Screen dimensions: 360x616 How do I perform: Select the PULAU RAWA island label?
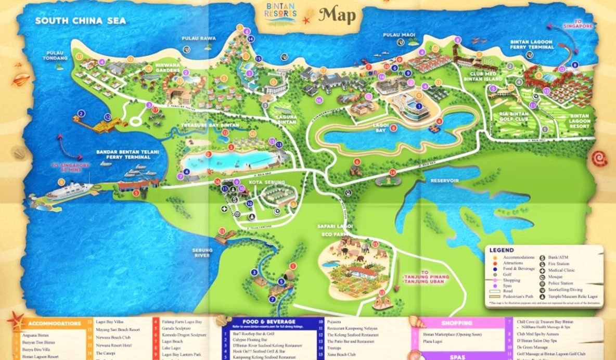(198, 38)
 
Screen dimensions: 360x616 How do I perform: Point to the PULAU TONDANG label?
(57, 55)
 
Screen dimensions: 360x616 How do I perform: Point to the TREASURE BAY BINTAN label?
(209, 125)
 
